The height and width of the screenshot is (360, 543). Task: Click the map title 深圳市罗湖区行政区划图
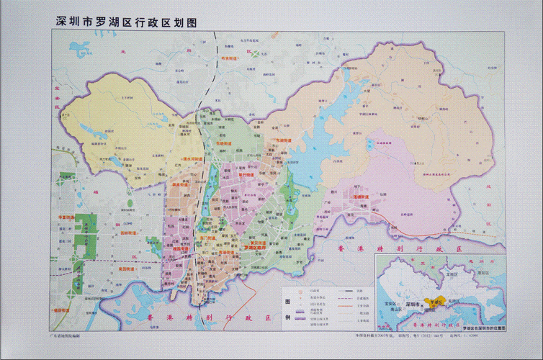click(127, 21)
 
